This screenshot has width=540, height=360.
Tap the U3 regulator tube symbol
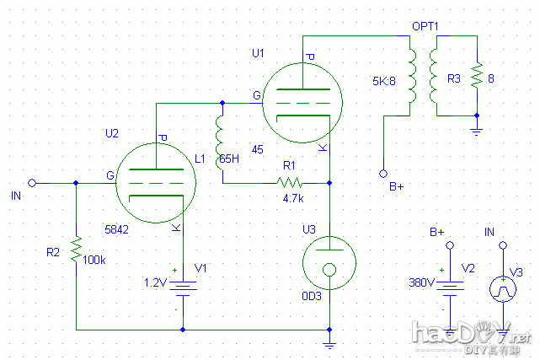(329, 261)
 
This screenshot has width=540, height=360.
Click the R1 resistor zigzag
(291, 182)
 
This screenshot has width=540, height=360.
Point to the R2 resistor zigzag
(76, 249)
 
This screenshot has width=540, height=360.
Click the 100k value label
(95, 260)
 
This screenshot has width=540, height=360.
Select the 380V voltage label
(420, 282)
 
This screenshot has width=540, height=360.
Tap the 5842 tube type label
(116, 228)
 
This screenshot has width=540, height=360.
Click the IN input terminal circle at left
(32, 182)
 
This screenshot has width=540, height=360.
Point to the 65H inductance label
(229, 159)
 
